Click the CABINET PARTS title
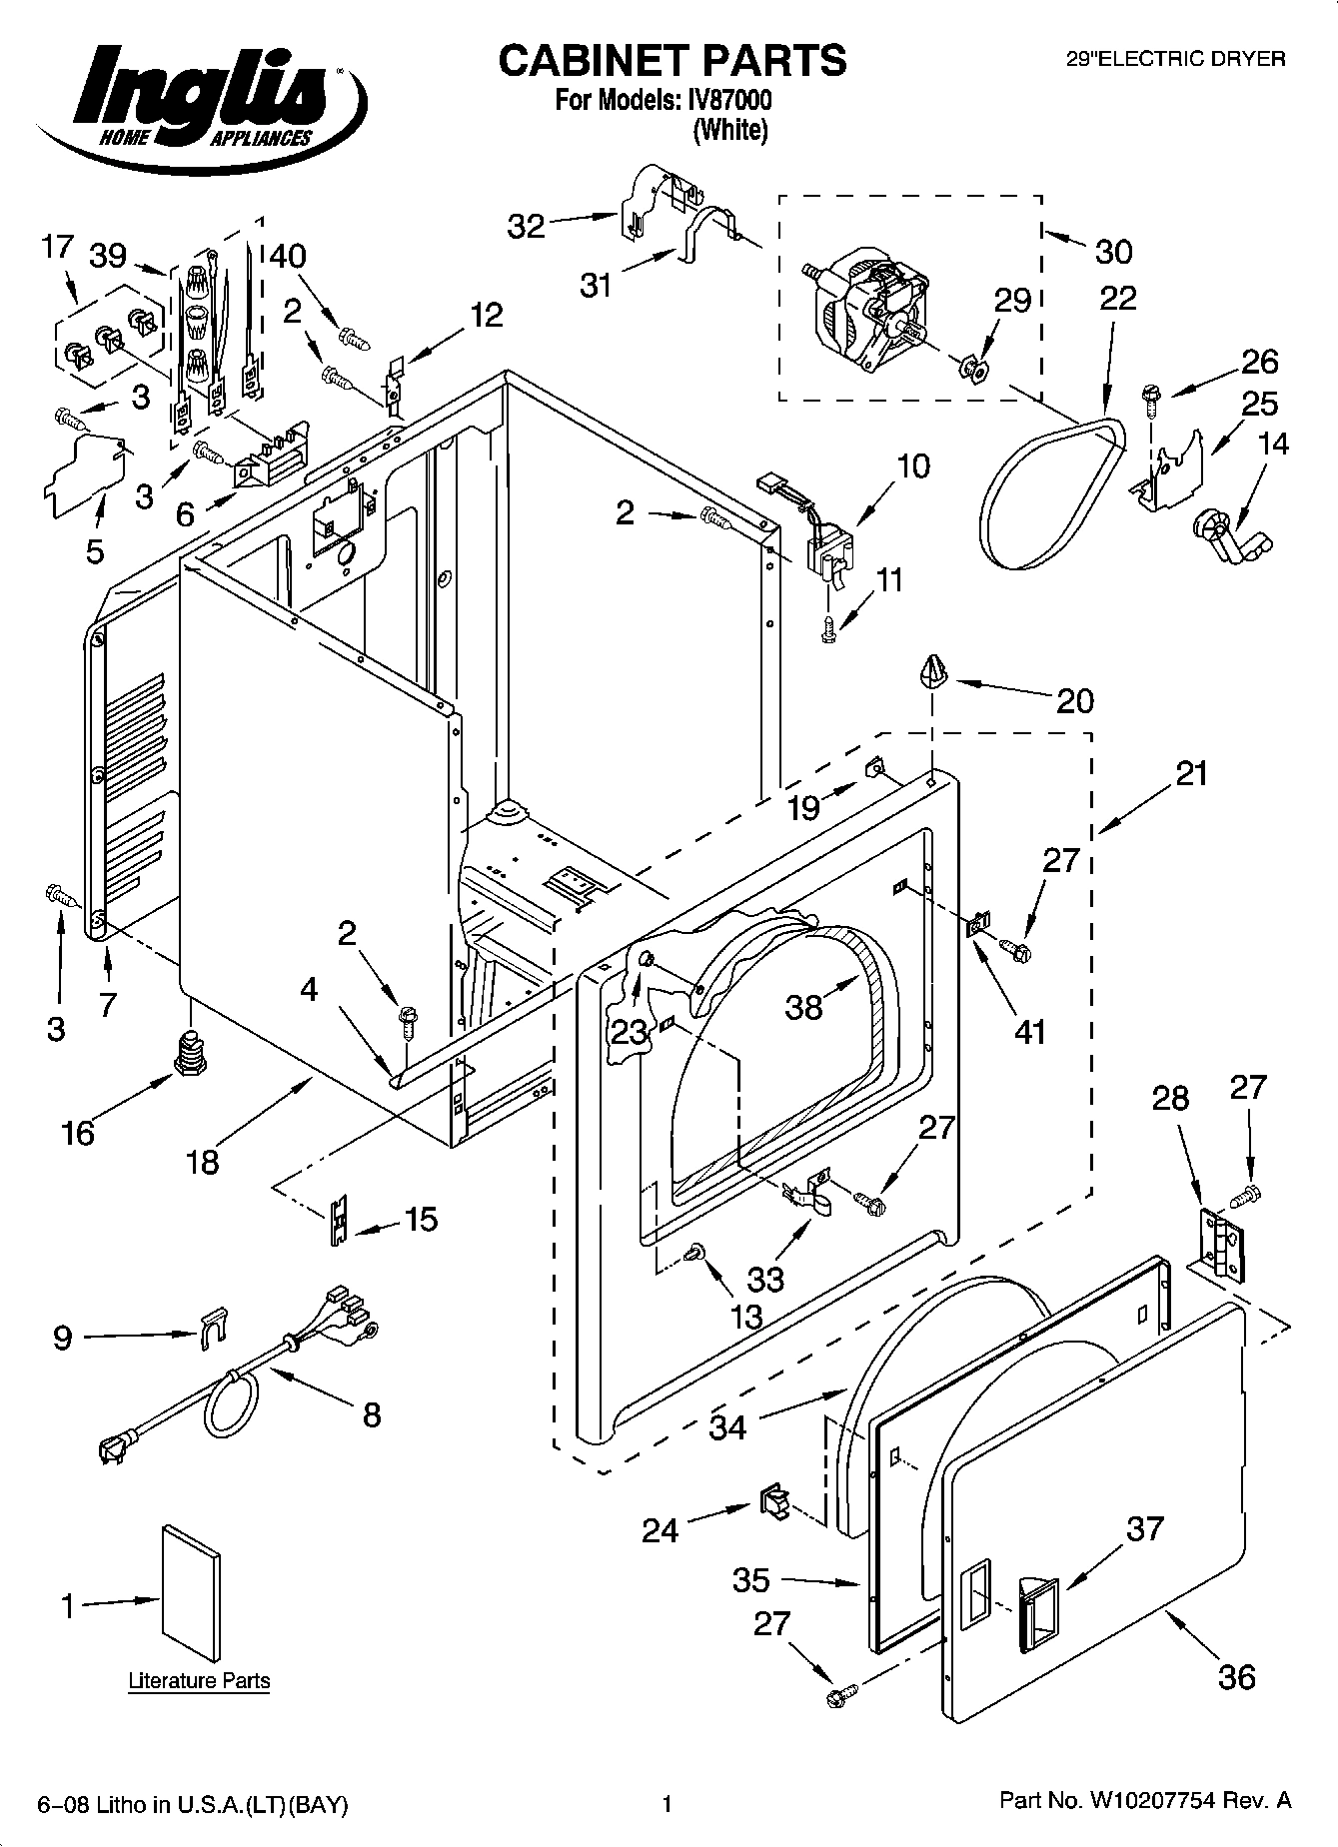coord(671,61)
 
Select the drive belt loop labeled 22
coord(1049,493)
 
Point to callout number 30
coord(1113,252)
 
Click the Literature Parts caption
coord(199,1681)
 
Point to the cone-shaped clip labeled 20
coord(932,669)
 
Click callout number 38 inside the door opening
coord(803,1006)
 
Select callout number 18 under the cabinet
coord(203,1162)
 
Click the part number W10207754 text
coord(1145,1801)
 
